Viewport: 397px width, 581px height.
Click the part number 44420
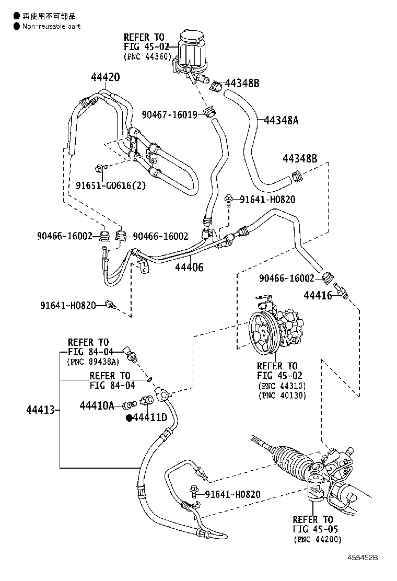[x=106, y=77]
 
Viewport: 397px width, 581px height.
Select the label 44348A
[x=282, y=120]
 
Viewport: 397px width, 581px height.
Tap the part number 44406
[x=189, y=267]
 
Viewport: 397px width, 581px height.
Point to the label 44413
[x=40, y=410]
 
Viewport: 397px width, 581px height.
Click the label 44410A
[x=97, y=406]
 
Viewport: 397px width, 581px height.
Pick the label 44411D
[x=150, y=417]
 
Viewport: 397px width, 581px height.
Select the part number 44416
[x=318, y=295]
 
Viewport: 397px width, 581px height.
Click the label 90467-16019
[x=170, y=114]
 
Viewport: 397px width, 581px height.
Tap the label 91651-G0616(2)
[x=111, y=185]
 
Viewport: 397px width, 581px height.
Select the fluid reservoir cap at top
[x=193, y=39]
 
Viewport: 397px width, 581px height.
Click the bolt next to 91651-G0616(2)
[x=100, y=169]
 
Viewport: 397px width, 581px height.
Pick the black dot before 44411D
[x=129, y=418]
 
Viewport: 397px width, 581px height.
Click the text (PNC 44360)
[x=147, y=56]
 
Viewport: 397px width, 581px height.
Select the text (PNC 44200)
[x=318, y=539]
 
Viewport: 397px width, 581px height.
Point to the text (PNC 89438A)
[x=94, y=362]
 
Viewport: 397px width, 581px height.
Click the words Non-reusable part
[x=52, y=26]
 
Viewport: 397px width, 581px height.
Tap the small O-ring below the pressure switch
[x=149, y=379]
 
